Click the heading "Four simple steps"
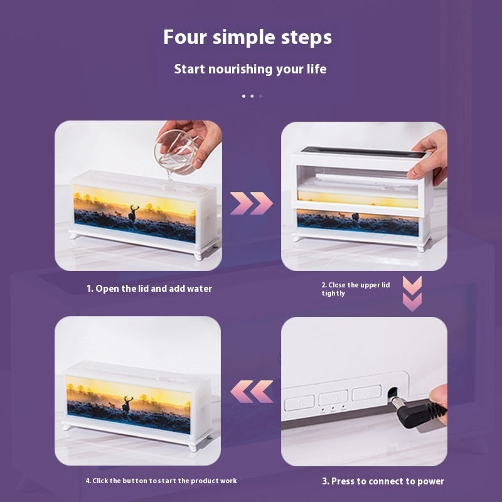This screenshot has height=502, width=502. pos(247,38)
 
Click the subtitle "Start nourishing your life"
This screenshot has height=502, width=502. pos(250,69)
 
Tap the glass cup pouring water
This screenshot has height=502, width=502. pos(175,151)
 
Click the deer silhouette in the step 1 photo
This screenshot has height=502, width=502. pos(133,213)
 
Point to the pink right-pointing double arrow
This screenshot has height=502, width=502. pos(252,203)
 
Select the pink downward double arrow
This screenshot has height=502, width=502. pos(412,294)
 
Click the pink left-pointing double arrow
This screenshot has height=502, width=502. pos(252,391)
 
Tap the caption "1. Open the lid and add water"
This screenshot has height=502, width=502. pos(149,289)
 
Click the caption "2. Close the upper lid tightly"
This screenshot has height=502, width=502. pos(356,289)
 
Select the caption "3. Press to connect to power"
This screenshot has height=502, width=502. pos(383,481)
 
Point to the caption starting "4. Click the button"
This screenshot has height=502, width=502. pos(161,481)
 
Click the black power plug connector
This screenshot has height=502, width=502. pos(419,412)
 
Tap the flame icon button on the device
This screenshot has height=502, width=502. pos(299,403)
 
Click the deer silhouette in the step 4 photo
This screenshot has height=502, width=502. pos(127,404)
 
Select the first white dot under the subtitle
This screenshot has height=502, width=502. pos(244,96)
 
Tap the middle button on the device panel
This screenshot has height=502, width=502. pos(333,398)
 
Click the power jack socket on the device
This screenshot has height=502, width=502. pos(393,393)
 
